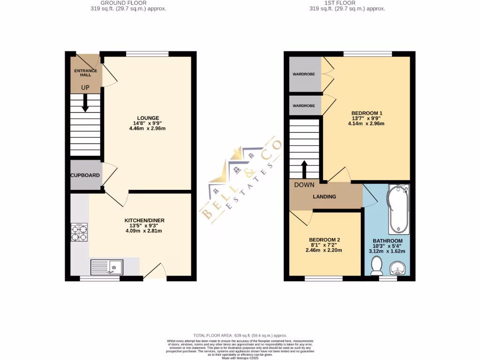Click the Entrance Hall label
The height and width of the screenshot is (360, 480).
click(86, 72)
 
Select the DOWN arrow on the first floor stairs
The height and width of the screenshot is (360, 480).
click(304, 169)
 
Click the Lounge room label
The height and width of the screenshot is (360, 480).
click(148, 118)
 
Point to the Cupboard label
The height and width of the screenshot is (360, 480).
click(85, 175)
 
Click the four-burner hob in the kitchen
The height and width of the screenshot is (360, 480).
click(79, 232)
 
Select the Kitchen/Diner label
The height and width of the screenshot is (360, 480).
click(144, 220)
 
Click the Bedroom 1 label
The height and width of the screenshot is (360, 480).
click(367, 113)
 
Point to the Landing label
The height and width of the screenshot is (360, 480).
click(324, 196)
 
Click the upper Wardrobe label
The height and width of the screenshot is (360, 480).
click(304, 74)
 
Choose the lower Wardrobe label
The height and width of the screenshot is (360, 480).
click(304, 105)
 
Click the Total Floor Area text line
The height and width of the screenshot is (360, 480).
click(240, 336)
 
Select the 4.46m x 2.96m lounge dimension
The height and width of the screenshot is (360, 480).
click(148, 129)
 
